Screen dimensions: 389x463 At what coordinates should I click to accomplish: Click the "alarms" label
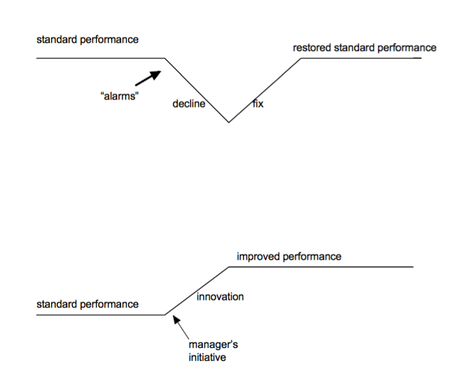tap(120, 96)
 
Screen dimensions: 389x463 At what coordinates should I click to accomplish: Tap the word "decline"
tap(189, 104)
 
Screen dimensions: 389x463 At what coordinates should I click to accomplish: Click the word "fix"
tap(258, 104)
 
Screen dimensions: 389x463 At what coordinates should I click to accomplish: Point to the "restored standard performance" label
tap(364, 48)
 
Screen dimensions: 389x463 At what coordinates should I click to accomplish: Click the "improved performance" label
tap(289, 257)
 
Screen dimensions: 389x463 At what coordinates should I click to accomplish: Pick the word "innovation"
tap(220, 297)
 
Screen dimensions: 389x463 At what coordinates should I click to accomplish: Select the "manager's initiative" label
tap(212, 351)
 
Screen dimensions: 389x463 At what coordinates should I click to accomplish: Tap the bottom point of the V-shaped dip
tap(229, 122)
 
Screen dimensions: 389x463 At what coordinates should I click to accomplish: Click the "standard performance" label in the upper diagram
tap(87, 40)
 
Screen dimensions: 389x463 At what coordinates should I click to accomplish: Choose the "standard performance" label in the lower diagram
tap(87, 305)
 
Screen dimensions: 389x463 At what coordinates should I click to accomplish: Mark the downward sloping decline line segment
tap(197, 90)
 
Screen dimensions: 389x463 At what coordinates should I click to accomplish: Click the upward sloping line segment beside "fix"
tap(266, 89)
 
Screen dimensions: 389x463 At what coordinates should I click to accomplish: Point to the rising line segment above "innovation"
tap(197, 291)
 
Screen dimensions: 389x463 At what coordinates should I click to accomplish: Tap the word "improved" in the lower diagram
tap(257, 257)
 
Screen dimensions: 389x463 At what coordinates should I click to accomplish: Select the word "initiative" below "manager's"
tap(207, 357)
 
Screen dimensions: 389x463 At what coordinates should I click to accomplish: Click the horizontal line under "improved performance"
tap(320, 266)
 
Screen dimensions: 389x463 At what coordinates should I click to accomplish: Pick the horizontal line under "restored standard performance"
tap(361, 59)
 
